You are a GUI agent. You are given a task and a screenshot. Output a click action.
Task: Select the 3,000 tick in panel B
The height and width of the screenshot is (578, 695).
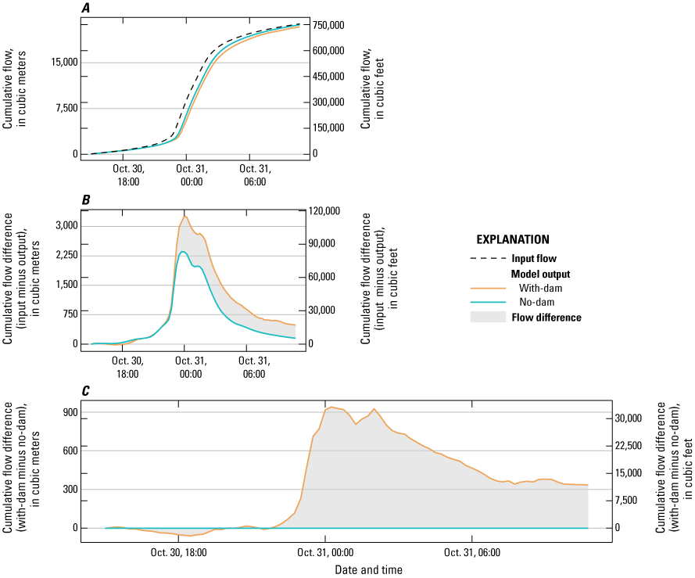click(x=65, y=226)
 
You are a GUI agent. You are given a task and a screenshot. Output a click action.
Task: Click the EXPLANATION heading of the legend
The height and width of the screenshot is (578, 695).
click(x=513, y=239)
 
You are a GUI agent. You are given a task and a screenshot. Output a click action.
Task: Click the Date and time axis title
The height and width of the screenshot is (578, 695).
click(x=369, y=569)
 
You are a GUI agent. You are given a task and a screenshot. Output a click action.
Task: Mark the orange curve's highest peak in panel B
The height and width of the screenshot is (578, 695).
click(x=185, y=216)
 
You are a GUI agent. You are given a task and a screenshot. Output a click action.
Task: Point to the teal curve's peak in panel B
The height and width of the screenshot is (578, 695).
click(x=183, y=252)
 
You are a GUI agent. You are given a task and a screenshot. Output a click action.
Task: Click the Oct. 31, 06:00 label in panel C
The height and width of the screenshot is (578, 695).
click(x=474, y=551)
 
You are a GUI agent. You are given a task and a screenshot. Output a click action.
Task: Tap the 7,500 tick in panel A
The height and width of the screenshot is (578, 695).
click(x=65, y=108)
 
